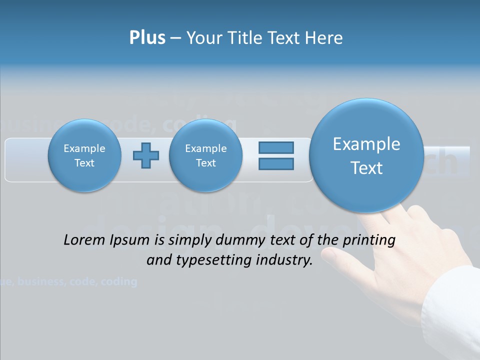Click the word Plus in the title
[147, 38]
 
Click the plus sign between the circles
[145, 155]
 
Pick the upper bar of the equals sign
[276, 148]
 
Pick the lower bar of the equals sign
[276, 163]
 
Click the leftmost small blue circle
[84, 155]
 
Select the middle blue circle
[205, 155]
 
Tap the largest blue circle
[366, 155]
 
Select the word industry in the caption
[284, 260]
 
